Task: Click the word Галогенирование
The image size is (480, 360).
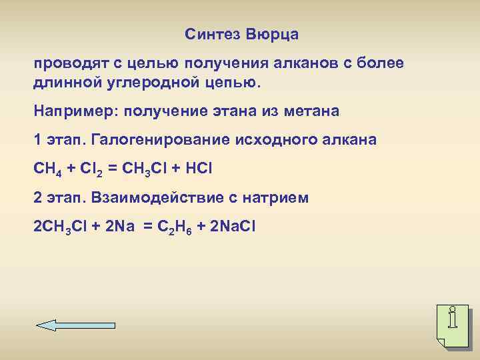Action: point(160,140)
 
